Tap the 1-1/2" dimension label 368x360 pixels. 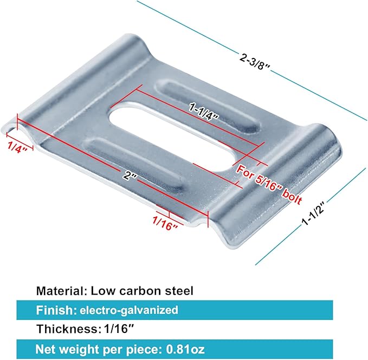tap(313, 213)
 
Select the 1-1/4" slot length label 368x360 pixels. tap(204, 113)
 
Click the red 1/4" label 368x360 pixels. tap(17, 147)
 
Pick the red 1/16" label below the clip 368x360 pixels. tap(165, 223)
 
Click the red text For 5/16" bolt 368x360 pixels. tap(269, 184)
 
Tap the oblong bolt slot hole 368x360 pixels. tap(172, 136)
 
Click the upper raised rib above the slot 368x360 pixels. tap(208, 106)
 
